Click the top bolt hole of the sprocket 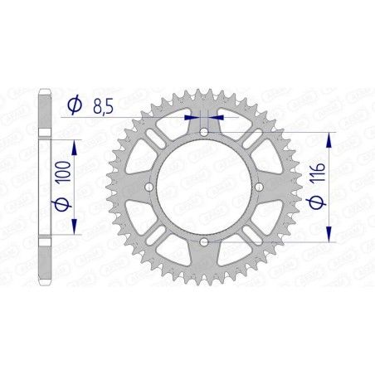tap(203, 133)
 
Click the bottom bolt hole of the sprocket tap(203, 241)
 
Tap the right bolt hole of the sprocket tap(258, 187)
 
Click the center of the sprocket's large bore tap(203, 187)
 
